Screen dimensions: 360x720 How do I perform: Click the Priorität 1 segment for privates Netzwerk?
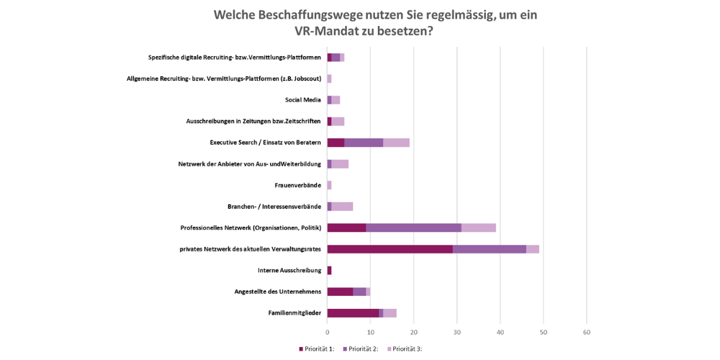coord(390,249)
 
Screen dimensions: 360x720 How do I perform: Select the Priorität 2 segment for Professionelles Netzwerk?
coord(413,228)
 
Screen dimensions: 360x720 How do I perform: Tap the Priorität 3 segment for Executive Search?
coord(396,143)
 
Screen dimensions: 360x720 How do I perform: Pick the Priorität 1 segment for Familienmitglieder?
coord(353,312)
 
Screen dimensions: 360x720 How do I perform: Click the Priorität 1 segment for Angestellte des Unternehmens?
coord(340,292)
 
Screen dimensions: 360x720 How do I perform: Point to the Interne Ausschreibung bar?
coord(329,270)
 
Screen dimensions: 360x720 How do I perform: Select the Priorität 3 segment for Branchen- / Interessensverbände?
coord(342,207)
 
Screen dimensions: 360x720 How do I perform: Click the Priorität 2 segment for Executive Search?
coord(364,143)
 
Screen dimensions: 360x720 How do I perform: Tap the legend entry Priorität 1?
coord(317,349)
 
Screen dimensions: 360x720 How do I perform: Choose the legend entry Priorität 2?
coord(361,349)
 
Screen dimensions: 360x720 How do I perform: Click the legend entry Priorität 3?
coord(405,349)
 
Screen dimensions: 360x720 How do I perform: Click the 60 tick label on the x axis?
coord(587,333)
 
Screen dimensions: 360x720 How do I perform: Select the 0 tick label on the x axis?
coord(328,333)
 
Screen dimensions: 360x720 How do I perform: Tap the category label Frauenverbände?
coord(297,186)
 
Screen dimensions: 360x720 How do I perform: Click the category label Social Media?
coord(302,100)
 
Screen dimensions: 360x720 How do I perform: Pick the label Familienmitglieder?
coord(294,313)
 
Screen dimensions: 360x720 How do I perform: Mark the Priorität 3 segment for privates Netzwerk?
coord(533,249)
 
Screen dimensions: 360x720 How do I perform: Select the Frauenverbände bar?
coord(329,185)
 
